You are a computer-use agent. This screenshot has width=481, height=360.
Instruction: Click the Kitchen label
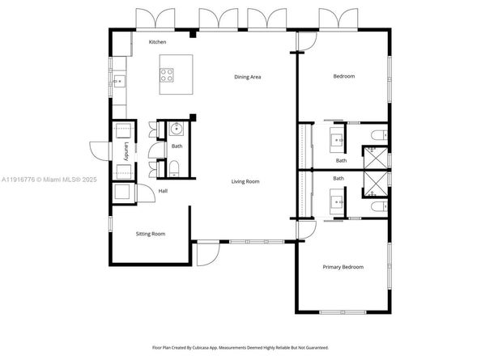point(157,41)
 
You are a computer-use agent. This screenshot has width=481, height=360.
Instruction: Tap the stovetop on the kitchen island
point(168,75)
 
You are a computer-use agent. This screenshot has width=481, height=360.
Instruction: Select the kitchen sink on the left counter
point(118,80)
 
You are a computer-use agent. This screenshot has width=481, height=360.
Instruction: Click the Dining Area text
point(247,77)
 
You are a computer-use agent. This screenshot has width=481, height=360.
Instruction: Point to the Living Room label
point(244,181)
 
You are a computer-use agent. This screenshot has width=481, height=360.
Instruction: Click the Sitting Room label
point(150,234)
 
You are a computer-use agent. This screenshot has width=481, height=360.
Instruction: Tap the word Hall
point(163,191)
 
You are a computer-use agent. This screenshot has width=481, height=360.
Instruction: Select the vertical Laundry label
point(126,150)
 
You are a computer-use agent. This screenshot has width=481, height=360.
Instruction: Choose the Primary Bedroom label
point(343,267)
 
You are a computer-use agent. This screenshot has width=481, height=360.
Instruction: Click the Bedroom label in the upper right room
point(344,77)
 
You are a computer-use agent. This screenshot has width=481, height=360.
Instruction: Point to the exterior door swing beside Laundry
point(99,150)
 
